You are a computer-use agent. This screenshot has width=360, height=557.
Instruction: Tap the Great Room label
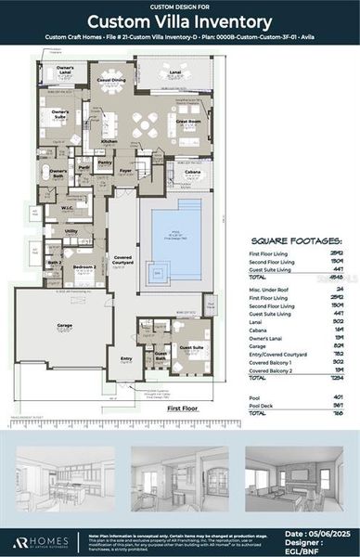tap(188, 121)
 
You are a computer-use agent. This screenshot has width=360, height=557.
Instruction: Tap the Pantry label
tap(105, 162)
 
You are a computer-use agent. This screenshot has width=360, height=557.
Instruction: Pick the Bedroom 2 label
tap(84, 266)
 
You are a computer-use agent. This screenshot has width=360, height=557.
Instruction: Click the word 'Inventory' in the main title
tap(226, 22)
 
